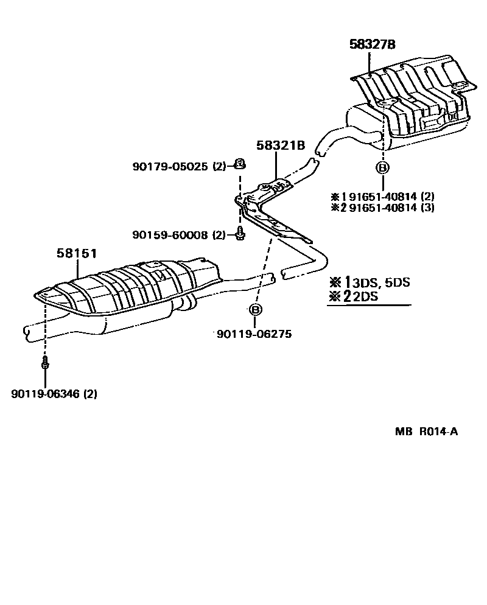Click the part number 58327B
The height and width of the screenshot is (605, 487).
[x=373, y=44]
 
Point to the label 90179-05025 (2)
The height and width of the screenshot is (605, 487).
[x=179, y=166]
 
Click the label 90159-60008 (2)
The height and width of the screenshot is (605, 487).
[x=179, y=234]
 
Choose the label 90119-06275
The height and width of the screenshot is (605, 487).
[x=253, y=334]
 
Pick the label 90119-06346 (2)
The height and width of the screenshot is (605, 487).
[x=54, y=394]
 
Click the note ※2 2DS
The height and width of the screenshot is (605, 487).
[x=353, y=297]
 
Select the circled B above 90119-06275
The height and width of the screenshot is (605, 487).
[x=256, y=310]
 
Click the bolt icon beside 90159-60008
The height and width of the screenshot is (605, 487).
[x=240, y=233]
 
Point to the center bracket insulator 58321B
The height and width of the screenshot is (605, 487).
[x=271, y=210]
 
